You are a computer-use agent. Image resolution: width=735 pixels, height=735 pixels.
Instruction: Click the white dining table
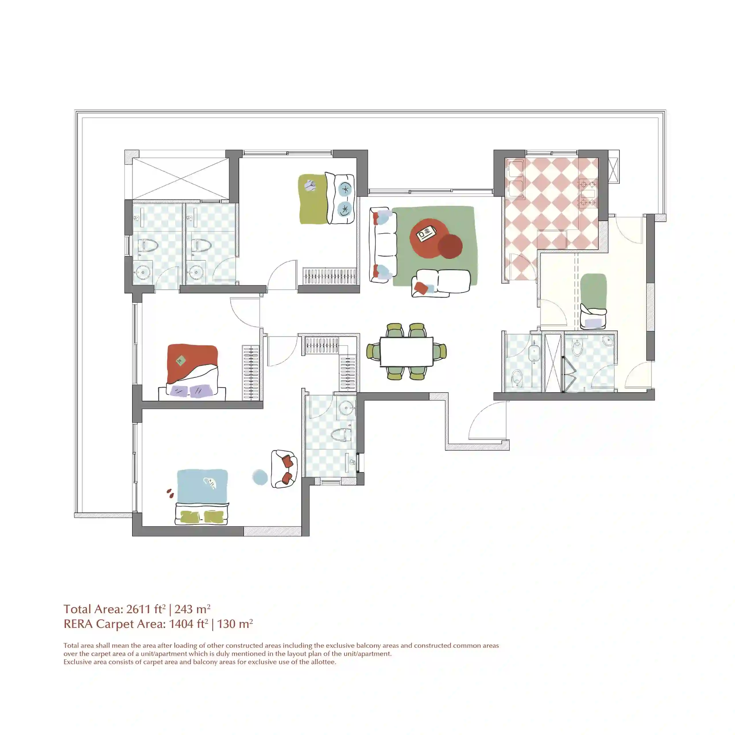pos(406,351)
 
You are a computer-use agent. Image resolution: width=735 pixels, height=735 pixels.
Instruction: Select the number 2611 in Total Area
pos(138,609)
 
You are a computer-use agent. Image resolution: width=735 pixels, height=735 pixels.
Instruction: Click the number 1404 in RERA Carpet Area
pos(181,624)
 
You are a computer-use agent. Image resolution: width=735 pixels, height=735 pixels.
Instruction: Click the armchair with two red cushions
pos(284,469)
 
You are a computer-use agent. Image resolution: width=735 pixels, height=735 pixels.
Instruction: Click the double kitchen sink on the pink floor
pos(515,179)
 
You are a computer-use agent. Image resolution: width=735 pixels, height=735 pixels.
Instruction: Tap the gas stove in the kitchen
pos(588,193)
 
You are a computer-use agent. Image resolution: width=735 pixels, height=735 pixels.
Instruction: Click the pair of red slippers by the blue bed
pos(170,494)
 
